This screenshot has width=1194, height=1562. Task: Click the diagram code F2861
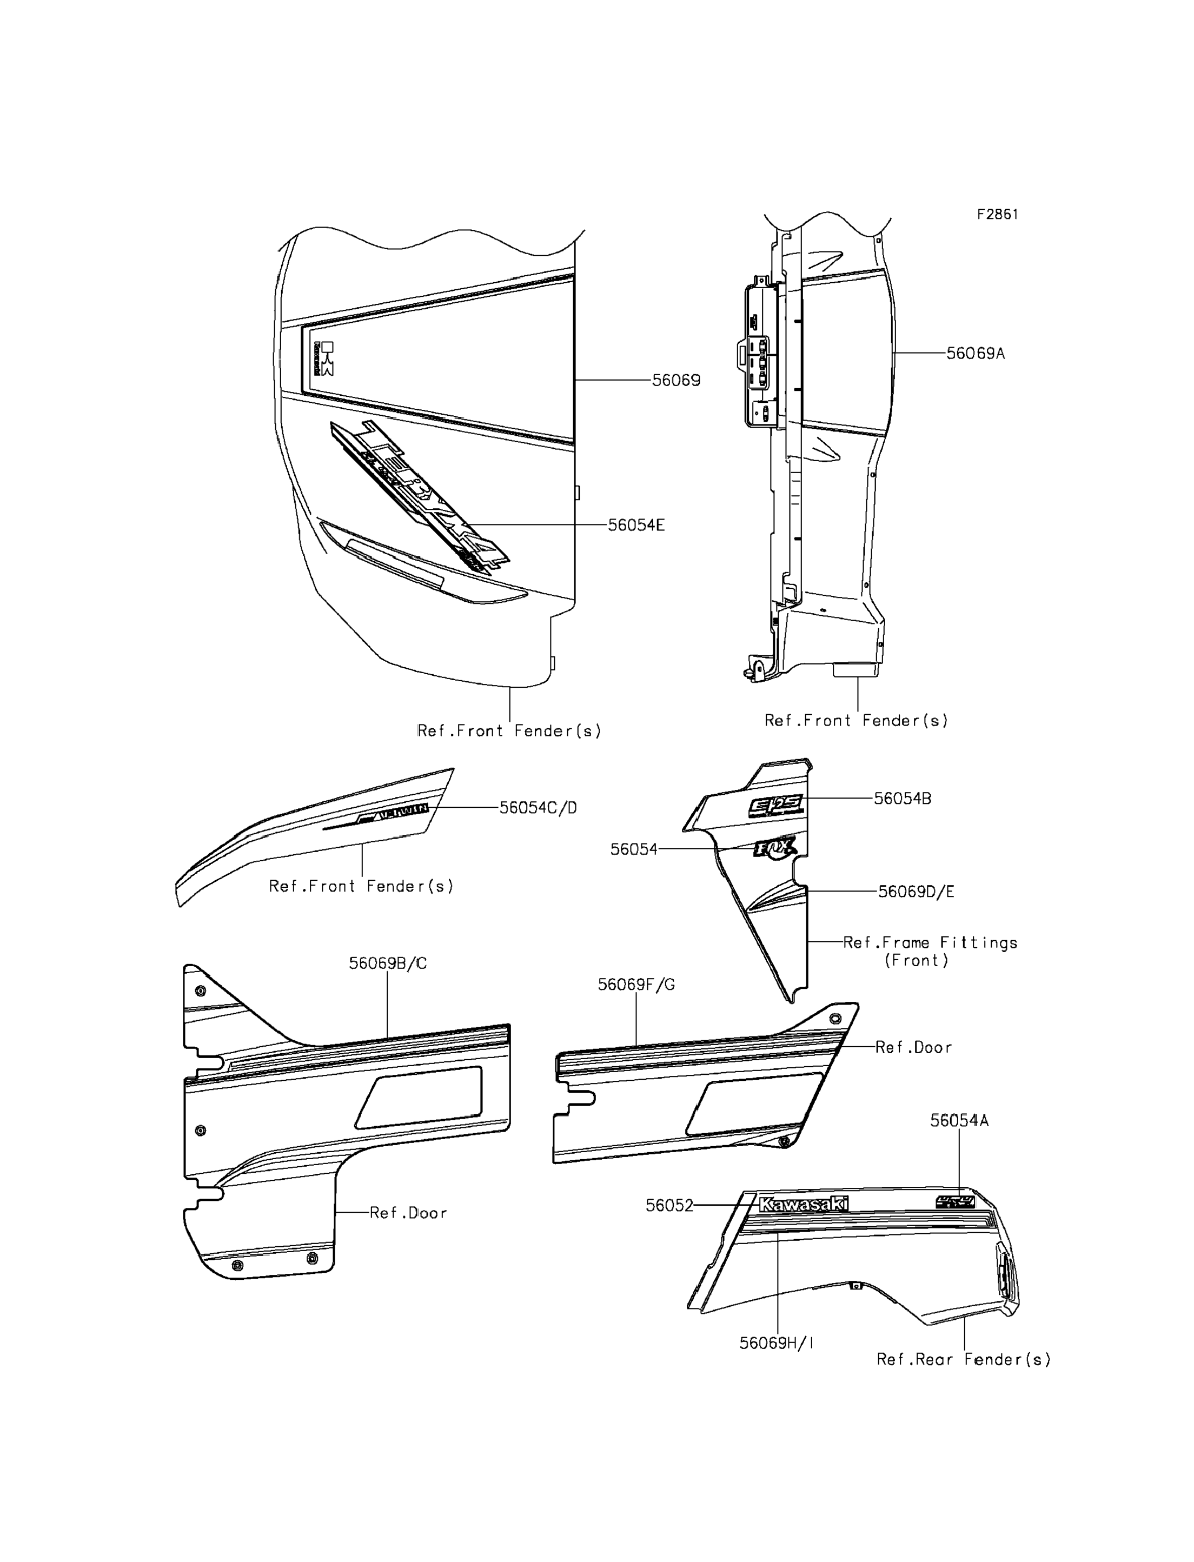click(x=997, y=215)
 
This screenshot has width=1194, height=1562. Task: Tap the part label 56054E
click(x=636, y=525)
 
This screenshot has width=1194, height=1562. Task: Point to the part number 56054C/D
click(x=538, y=808)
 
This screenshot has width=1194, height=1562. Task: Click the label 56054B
click(x=902, y=799)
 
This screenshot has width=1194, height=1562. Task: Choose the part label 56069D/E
click(x=916, y=891)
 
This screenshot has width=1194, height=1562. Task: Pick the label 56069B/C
click(x=387, y=963)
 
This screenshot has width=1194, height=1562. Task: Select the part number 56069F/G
click(x=636, y=985)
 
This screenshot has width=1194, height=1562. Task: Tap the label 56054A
click(x=959, y=1121)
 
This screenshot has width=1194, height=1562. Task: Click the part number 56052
click(x=669, y=1206)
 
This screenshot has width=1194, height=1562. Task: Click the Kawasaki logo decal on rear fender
click(x=803, y=1205)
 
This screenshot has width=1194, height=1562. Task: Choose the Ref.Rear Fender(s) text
click(x=963, y=1359)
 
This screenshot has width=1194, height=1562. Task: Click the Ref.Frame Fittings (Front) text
click(x=930, y=952)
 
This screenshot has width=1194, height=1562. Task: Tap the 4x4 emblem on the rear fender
click(x=954, y=1202)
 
